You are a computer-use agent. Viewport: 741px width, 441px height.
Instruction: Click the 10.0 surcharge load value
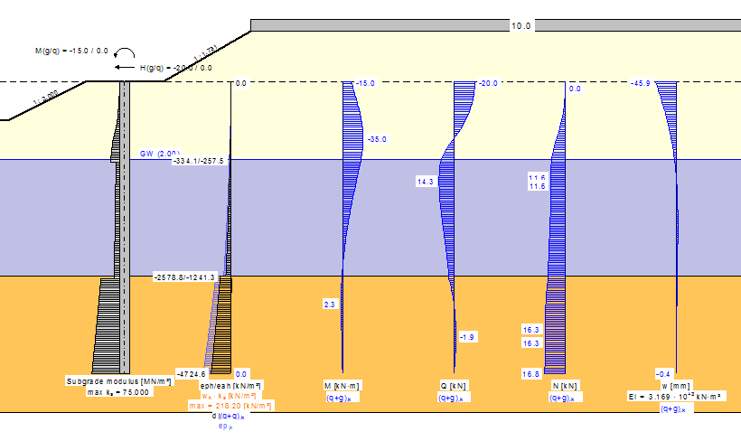pyautogui.click(x=521, y=26)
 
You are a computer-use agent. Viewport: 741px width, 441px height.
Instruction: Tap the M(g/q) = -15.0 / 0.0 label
pyautogui.click(x=71, y=52)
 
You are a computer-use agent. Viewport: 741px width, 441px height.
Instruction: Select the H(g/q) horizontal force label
pyautogui.click(x=176, y=68)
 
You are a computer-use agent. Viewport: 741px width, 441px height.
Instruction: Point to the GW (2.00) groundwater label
pyautogui.click(x=160, y=154)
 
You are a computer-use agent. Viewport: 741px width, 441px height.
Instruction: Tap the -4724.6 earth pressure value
pyautogui.click(x=192, y=374)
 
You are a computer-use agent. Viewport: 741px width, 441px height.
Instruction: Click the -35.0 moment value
pyautogui.click(x=377, y=140)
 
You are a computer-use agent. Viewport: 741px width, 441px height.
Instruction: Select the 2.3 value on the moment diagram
pyautogui.click(x=329, y=305)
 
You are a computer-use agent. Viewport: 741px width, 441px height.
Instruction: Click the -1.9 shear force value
pyautogui.click(x=467, y=337)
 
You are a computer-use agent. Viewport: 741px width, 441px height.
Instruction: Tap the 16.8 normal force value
pyautogui.click(x=531, y=374)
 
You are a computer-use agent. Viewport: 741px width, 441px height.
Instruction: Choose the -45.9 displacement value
pyautogui.click(x=642, y=84)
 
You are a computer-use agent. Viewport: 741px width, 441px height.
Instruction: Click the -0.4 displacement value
pyautogui.click(x=664, y=374)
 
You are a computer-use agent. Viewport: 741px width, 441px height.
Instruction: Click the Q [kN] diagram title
pyautogui.click(x=453, y=386)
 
